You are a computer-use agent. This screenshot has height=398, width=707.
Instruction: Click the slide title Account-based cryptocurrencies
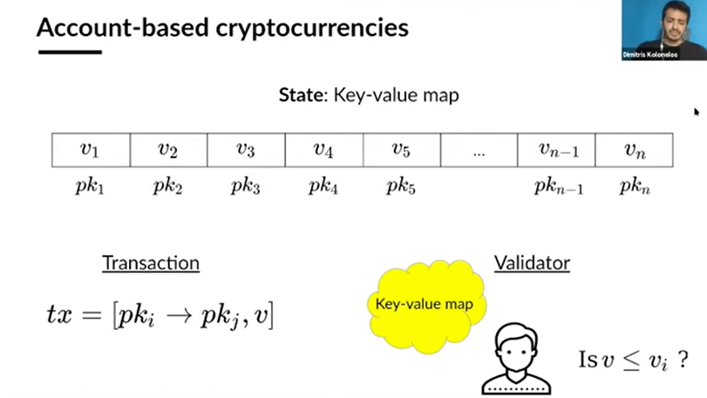pyautogui.click(x=222, y=28)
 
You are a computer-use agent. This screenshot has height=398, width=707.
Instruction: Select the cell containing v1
pyautogui.click(x=91, y=149)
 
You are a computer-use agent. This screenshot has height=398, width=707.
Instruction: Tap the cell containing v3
pyautogui.click(x=246, y=149)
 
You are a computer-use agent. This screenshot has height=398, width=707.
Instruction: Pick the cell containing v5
pyautogui.click(x=401, y=149)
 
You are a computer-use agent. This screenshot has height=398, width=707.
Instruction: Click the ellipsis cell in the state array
pyautogui.click(x=479, y=150)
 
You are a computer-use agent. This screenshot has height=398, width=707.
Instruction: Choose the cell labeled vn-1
pyautogui.click(x=556, y=149)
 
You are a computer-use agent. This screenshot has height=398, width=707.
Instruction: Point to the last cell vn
pyautogui.click(x=634, y=149)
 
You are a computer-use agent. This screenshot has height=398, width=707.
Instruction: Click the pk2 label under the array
pyautogui.click(x=167, y=187)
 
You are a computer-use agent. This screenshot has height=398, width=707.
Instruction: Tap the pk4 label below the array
pyautogui.click(x=323, y=187)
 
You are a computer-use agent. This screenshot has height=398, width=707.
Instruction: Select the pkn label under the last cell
pyautogui.click(x=634, y=187)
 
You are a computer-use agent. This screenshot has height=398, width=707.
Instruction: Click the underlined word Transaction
pyautogui.click(x=151, y=263)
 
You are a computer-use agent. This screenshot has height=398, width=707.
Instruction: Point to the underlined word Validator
pyautogui.click(x=532, y=263)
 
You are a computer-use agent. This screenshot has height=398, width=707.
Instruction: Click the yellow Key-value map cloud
pyautogui.click(x=424, y=305)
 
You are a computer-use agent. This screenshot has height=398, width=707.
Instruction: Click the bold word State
pyautogui.click(x=300, y=95)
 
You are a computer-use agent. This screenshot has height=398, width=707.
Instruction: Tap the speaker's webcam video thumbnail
pyautogui.click(x=663, y=30)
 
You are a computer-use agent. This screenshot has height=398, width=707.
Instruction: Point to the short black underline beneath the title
pyautogui.click(x=69, y=53)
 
